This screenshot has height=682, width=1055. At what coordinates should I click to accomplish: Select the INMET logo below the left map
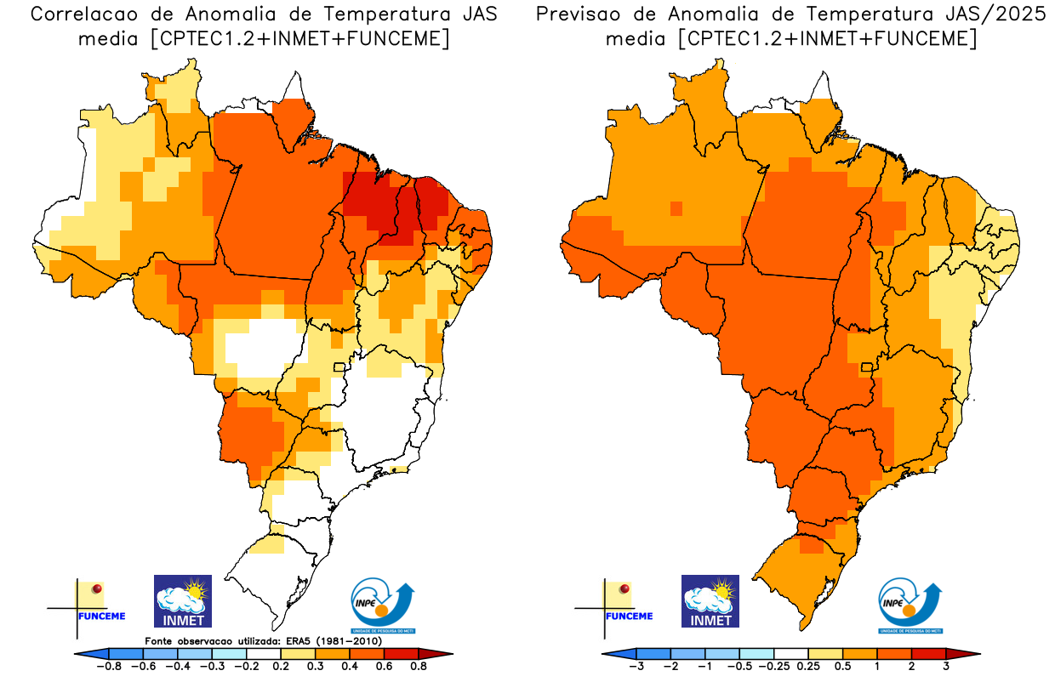[182, 601]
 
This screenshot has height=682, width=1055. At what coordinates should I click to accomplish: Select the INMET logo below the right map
[710, 601]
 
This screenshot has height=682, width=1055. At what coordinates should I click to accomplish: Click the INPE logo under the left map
[383, 605]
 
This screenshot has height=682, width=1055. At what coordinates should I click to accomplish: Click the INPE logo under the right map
[910, 605]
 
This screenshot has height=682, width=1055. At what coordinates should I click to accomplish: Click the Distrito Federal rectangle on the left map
[339, 367]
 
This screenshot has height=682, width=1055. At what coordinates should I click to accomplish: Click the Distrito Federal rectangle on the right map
[868, 367]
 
